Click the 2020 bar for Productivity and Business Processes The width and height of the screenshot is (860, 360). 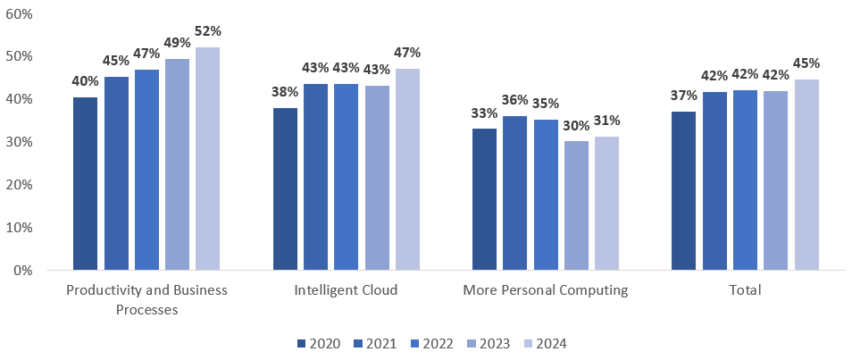point(85,183)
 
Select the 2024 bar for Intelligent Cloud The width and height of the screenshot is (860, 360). point(407,169)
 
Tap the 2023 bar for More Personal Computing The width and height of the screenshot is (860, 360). point(576,205)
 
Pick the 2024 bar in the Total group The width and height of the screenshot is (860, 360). point(806,174)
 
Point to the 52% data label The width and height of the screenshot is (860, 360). point(207,31)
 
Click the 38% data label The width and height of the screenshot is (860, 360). point(286,91)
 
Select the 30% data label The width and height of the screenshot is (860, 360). point(576,125)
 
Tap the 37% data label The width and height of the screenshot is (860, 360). point(683,96)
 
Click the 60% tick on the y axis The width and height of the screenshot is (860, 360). point(20,13)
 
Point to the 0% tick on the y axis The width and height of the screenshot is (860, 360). point(22,270)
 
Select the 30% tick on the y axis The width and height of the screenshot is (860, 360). point(20,142)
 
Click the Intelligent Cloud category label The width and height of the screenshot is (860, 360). point(346,290)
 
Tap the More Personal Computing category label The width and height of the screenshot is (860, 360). point(546,290)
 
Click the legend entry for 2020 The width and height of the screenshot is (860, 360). point(319,344)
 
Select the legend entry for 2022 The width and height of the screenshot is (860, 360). point(432,344)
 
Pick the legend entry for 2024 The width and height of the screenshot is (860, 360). point(546,344)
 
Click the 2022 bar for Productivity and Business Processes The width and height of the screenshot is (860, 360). point(146,169)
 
